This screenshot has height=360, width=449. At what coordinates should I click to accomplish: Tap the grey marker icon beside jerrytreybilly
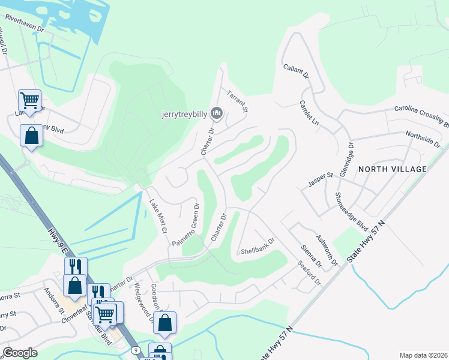click(217, 113)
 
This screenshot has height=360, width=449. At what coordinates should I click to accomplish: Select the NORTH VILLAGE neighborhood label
click(392, 169)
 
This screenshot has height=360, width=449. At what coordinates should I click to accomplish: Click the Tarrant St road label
click(237, 101)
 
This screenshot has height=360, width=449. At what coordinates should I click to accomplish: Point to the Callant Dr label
click(296, 73)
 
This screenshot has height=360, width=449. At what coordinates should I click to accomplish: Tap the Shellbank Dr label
click(257, 246)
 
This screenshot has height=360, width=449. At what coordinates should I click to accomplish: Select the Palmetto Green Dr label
click(185, 225)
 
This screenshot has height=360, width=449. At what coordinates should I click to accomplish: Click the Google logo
click(20, 353)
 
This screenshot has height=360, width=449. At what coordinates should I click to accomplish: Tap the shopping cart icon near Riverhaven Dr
click(29, 100)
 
